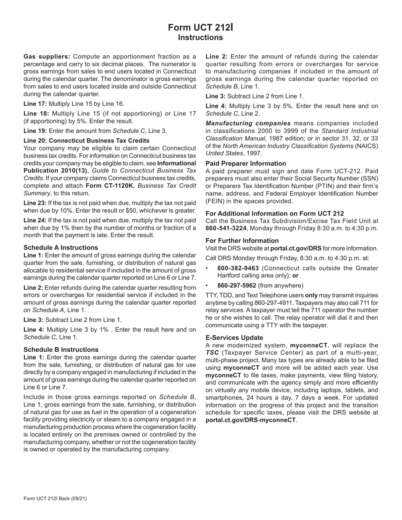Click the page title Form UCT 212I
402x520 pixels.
pyautogui.click(x=200, y=27)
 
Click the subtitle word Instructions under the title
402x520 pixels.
pyautogui.click(x=200, y=38)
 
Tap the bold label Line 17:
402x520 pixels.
pyautogui.click(x=36, y=104)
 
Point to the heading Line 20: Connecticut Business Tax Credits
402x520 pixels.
pyautogui.click(x=86, y=140)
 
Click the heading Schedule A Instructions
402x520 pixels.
pyautogui.click(x=61, y=248)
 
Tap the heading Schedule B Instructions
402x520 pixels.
pyautogui.click(x=61, y=350)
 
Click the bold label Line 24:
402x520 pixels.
pyautogui.click(x=36, y=220)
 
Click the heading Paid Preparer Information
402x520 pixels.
pyautogui.click(x=246, y=164)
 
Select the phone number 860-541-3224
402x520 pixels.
pyautogui.click(x=226, y=229)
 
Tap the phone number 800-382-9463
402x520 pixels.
pyautogui.click(x=238, y=268)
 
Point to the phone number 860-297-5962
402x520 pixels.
pyautogui.click(x=237, y=286)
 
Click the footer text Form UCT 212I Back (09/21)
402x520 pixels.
pyautogui.click(x=55, y=499)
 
